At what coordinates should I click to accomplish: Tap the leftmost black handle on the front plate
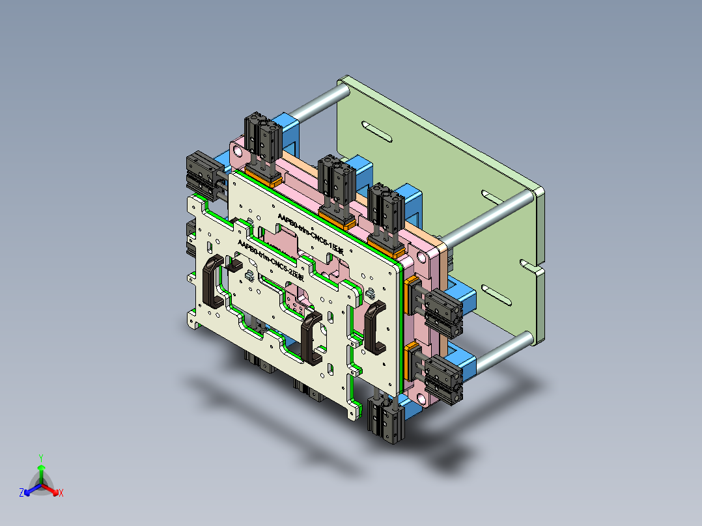213,281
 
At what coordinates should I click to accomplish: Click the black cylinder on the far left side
201,173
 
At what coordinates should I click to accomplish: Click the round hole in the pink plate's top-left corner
239,153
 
